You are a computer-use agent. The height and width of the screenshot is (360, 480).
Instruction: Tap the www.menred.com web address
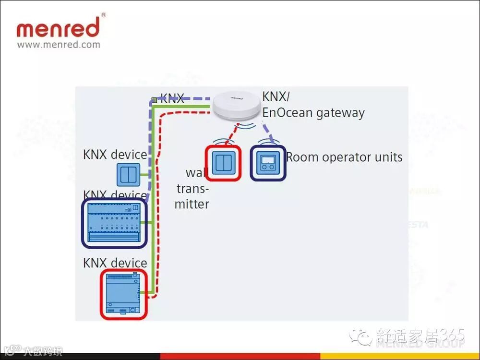tap(59, 45)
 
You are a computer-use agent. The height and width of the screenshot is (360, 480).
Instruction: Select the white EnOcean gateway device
tap(235, 106)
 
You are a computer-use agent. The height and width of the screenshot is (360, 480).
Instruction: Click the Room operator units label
tap(344, 157)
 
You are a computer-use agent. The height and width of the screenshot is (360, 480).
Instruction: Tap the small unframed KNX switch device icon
tap(129, 175)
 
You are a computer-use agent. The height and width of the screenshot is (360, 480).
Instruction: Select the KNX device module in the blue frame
tap(114, 223)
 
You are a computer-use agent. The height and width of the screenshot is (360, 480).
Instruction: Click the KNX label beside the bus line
tap(172, 99)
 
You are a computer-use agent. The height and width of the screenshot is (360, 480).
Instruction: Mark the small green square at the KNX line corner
tap(154, 100)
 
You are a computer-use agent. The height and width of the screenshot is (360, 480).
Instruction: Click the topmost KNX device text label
tap(115, 155)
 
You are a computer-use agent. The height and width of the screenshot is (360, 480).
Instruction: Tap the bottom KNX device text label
tap(115, 263)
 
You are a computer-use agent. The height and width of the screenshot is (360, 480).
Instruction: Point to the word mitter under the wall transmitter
tap(192, 204)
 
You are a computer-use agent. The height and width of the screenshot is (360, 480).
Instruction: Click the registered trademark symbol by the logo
tap(104, 15)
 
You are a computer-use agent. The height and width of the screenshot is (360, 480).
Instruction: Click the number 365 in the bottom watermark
tap(452, 335)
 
